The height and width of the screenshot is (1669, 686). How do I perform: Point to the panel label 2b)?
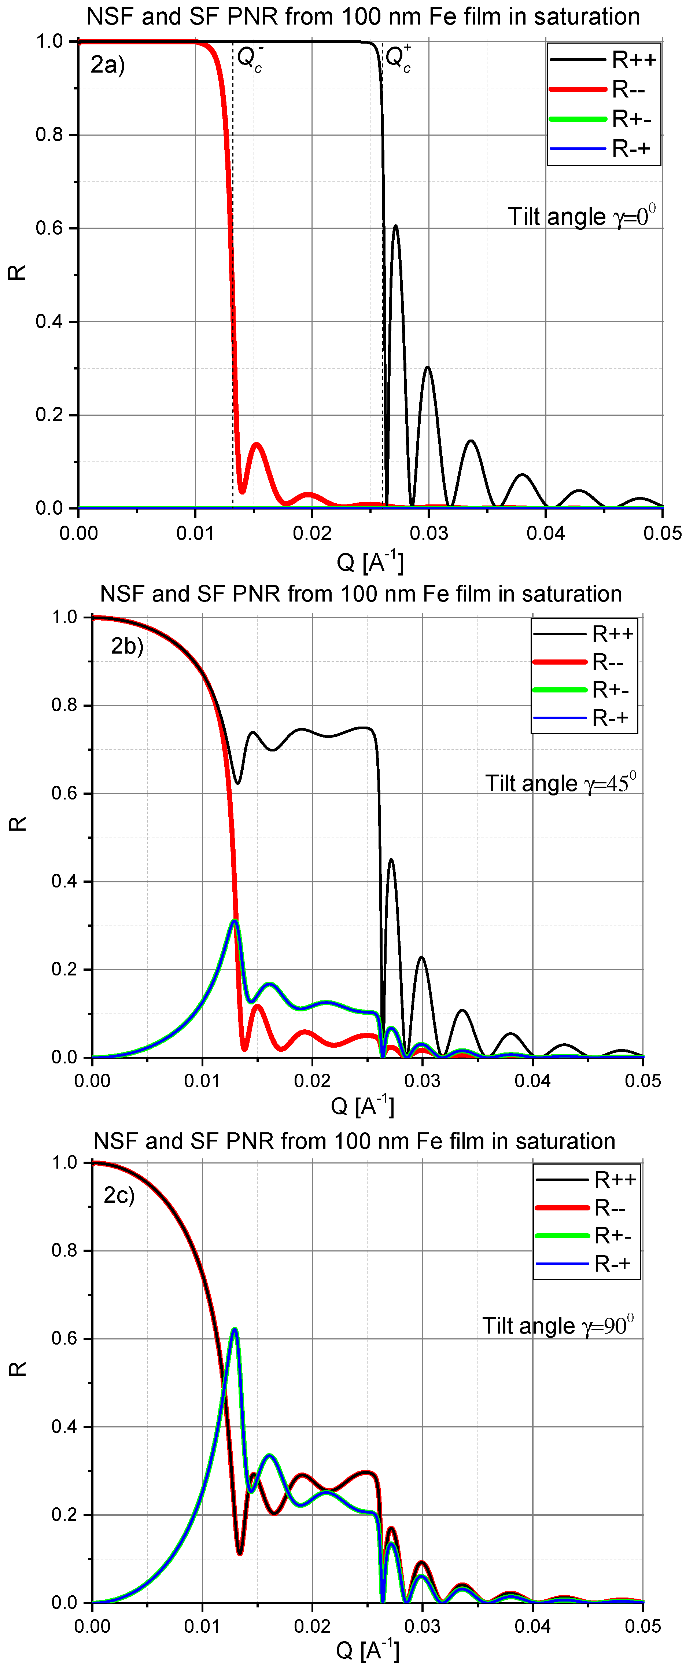tap(127, 646)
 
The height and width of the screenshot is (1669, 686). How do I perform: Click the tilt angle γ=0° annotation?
tap(581, 216)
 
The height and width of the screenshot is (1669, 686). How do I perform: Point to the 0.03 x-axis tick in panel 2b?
tap(423, 1081)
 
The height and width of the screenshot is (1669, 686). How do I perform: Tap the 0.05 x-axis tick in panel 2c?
tap(643, 1626)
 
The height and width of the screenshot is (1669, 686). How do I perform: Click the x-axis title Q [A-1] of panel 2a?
tap(370, 562)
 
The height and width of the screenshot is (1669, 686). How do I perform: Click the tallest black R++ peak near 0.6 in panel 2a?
tap(395, 227)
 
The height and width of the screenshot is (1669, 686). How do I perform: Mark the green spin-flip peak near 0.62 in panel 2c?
tap(235, 1330)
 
